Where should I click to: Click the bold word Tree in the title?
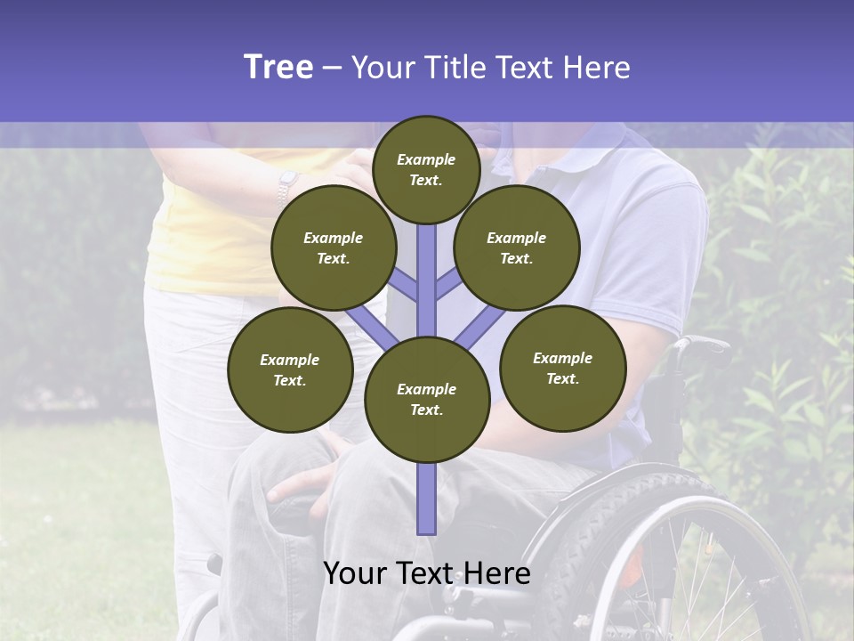[x=278, y=67]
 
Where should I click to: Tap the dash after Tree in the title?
[x=332, y=68]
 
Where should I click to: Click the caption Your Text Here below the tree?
[x=426, y=573]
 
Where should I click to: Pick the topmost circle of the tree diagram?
[x=426, y=169]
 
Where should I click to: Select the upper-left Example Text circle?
[x=333, y=247]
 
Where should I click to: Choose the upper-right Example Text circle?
[x=516, y=247]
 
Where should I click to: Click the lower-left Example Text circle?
[x=289, y=369]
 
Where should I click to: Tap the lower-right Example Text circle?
[x=562, y=368]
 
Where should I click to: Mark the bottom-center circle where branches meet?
[x=426, y=399]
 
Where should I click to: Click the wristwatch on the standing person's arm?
[x=286, y=186]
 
